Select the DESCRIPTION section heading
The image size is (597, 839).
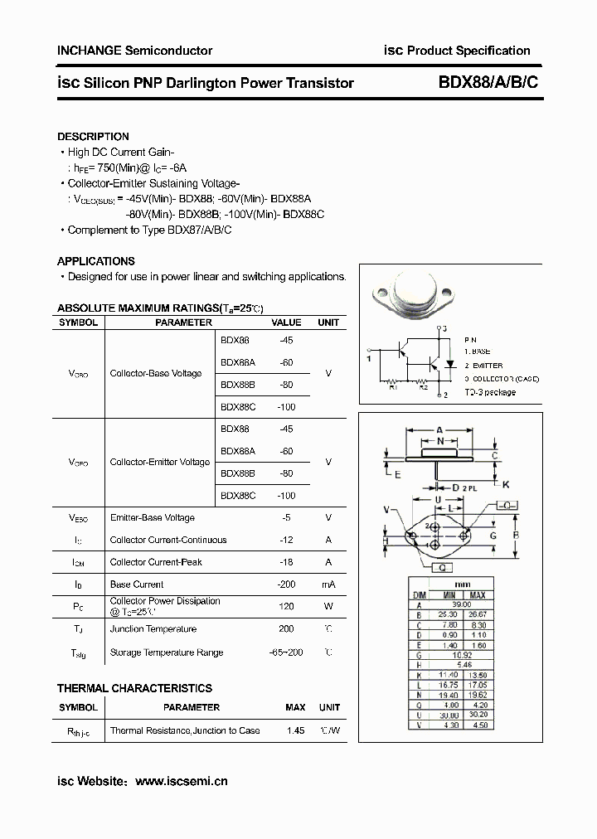93,137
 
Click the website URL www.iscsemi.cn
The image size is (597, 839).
181,781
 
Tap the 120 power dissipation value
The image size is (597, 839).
287,606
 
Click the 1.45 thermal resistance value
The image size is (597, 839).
295,730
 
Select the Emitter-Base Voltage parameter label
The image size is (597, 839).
152,518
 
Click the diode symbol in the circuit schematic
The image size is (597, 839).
449,363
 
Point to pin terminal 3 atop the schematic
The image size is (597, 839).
444,330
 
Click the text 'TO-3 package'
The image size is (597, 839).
489,392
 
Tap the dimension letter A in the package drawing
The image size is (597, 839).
439,430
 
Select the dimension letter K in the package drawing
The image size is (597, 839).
506,484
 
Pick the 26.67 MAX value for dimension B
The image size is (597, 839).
478,615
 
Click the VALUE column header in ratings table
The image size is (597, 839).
287,323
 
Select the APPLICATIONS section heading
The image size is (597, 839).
95,261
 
